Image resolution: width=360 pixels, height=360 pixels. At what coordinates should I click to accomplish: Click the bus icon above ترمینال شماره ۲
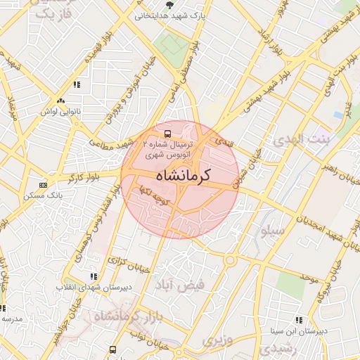point(167,132)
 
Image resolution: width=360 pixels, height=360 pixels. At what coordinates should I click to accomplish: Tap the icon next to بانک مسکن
point(44,185)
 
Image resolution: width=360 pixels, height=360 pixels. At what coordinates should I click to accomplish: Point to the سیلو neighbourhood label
point(272,230)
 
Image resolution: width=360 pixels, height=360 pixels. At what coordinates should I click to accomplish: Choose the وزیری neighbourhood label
point(217,340)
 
